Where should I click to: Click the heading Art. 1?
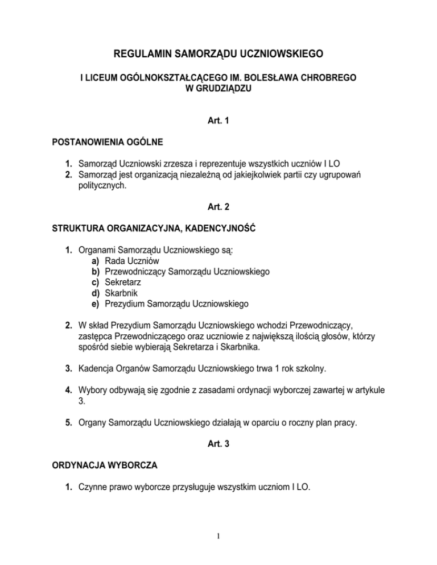[218, 122]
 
